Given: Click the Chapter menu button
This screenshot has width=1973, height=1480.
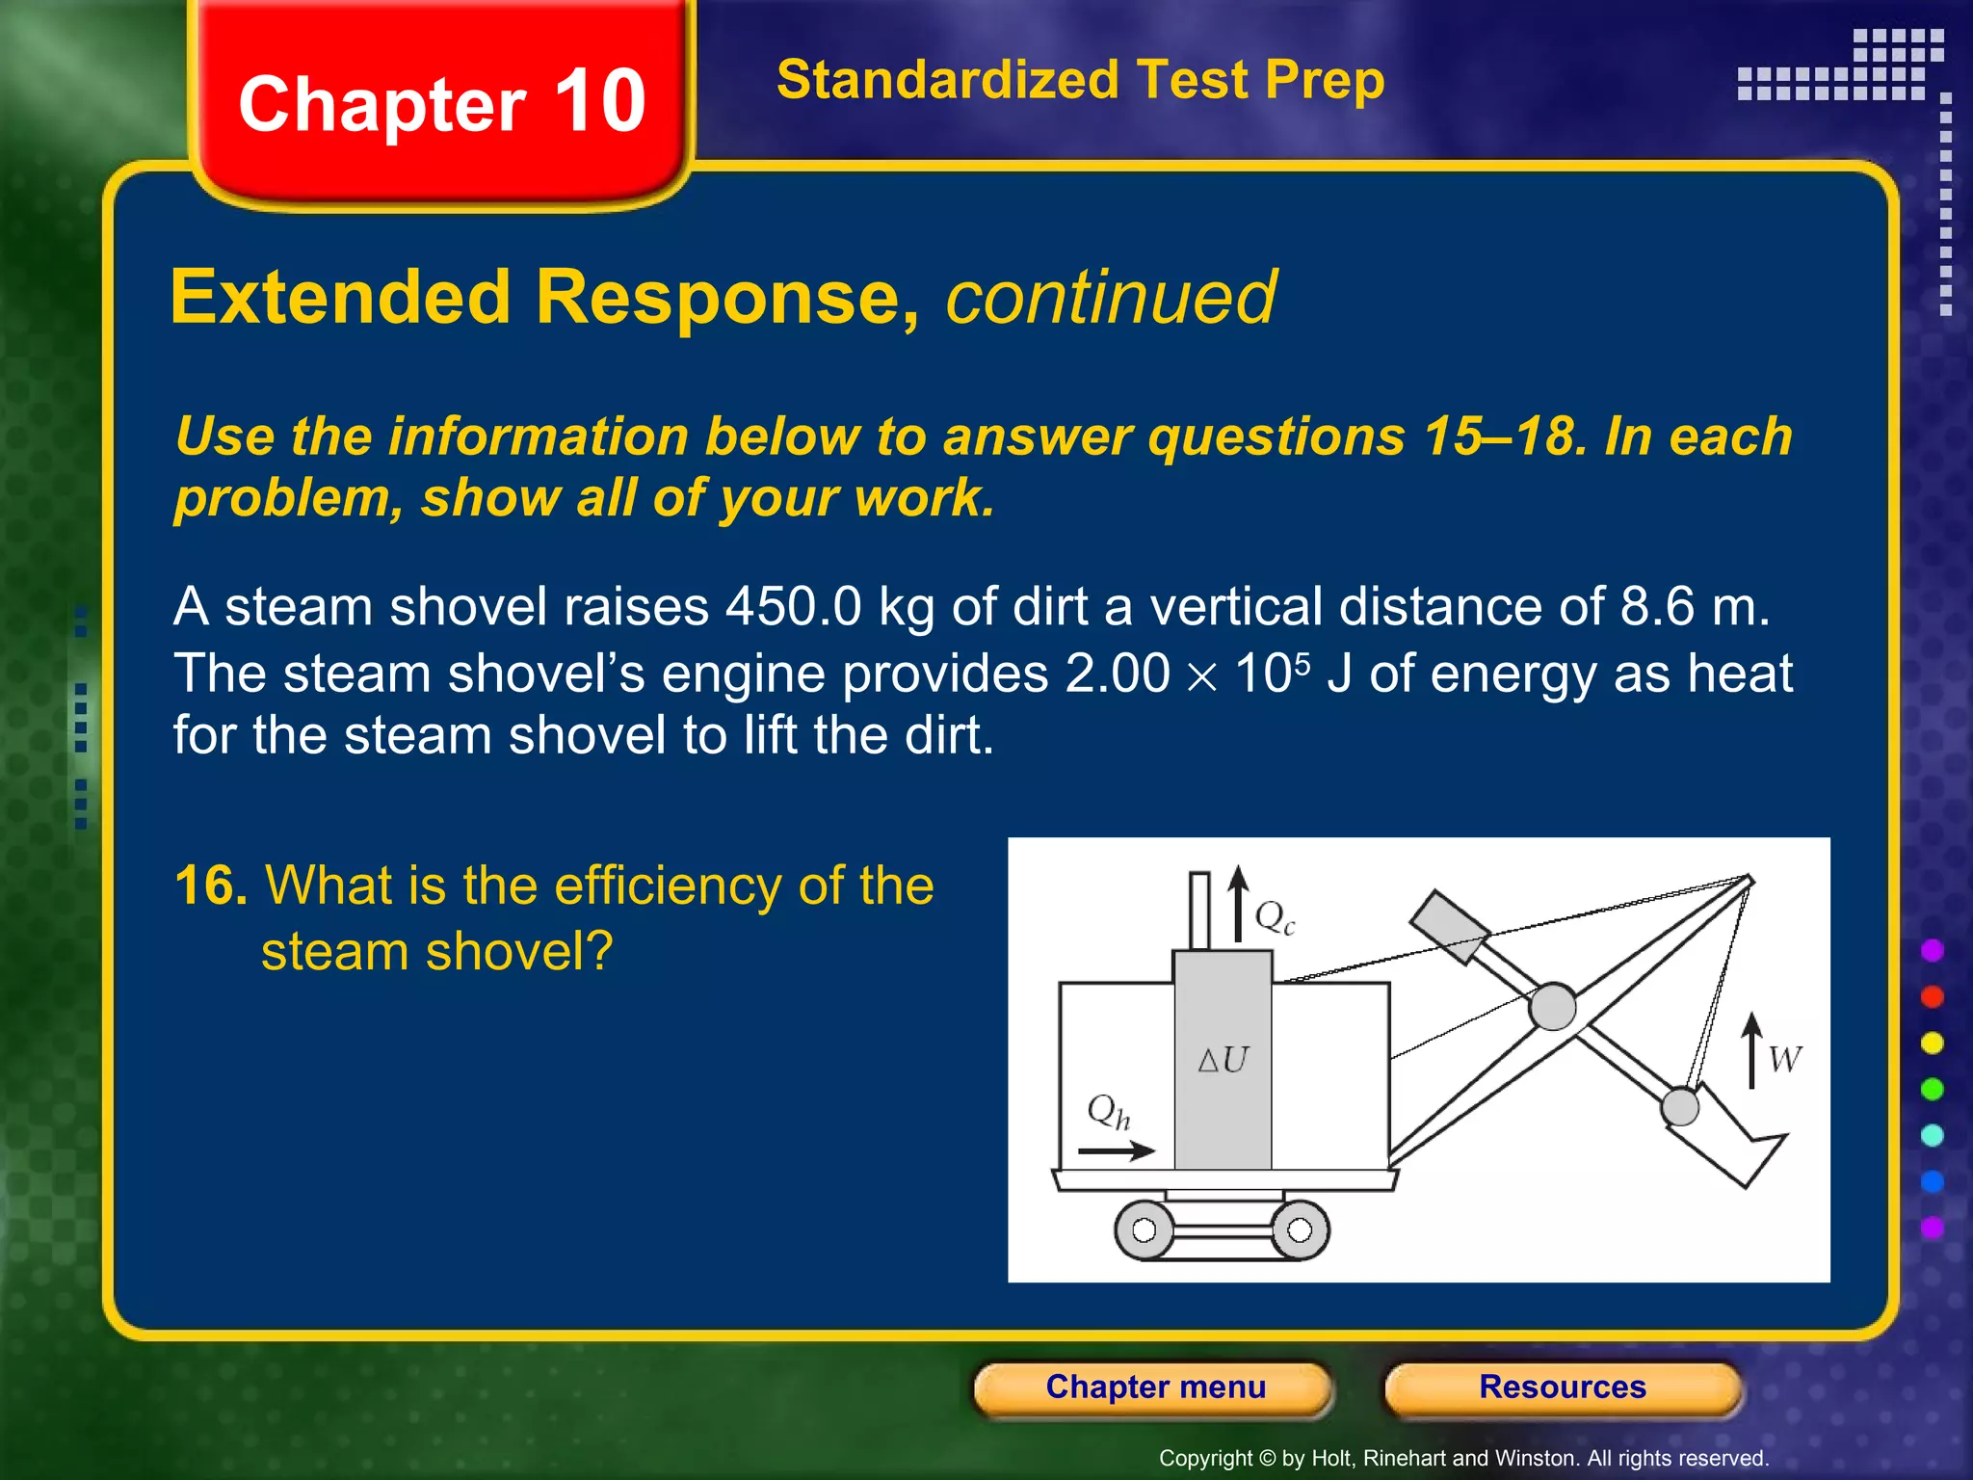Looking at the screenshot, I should tap(1154, 1387).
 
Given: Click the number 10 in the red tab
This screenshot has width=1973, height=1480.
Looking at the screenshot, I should tap(599, 102).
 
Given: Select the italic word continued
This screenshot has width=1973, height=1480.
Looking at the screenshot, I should tap(1111, 298).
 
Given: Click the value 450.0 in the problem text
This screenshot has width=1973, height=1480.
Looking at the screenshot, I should tap(794, 607).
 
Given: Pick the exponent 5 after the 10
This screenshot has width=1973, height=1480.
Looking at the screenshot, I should tap(1302, 664).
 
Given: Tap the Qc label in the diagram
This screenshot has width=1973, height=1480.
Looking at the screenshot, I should tap(1275, 916).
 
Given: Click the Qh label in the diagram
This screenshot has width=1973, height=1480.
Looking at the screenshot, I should tap(1108, 1111).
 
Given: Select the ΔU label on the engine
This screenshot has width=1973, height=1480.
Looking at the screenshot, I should tap(1223, 1060).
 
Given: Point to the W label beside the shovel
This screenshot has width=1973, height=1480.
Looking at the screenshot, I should tap(1784, 1060).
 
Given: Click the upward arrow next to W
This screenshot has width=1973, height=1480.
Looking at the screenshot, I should tap(1752, 1050).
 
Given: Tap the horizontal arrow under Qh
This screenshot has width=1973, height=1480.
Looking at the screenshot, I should tap(1116, 1150).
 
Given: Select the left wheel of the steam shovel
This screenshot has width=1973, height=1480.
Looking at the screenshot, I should tap(1144, 1230).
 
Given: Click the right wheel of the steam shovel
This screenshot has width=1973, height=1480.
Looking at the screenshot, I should tap(1300, 1230).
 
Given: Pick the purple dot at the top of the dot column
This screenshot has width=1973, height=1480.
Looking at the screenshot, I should tap(1933, 951).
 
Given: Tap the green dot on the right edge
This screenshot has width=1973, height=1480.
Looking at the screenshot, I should tap(1933, 1090).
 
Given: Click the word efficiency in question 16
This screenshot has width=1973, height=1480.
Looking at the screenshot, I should tap(666, 885).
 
